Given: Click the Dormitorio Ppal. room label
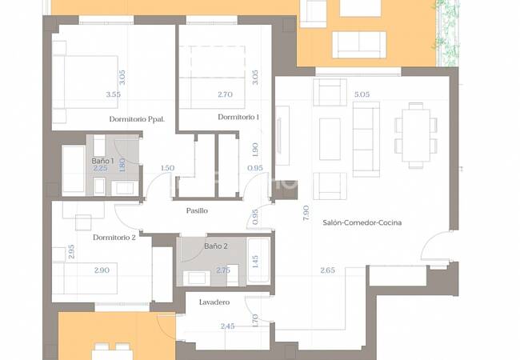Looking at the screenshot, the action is (x=137, y=119).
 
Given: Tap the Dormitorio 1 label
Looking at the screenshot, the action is (x=238, y=117).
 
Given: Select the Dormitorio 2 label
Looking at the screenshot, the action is (x=114, y=238).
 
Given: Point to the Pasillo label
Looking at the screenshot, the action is (x=197, y=210).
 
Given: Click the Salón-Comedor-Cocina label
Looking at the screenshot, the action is (x=362, y=222).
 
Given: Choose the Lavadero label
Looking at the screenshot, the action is (x=214, y=302).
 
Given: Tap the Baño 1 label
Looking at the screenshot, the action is (x=103, y=161).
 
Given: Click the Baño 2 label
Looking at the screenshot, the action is (x=216, y=246).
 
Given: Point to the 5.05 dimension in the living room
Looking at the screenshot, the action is (x=362, y=94).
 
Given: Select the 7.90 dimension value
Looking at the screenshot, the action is (x=306, y=213).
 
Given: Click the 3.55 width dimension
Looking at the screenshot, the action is (x=114, y=94).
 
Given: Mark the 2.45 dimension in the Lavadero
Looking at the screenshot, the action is (x=227, y=326).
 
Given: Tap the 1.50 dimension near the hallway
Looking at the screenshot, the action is (x=167, y=168).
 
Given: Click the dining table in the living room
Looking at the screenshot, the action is (x=416, y=135).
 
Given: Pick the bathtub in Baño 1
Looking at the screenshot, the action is (x=74, y=169).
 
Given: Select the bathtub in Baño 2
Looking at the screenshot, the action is (x=258, y=260).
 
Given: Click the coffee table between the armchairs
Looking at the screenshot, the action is (x=330, y=139).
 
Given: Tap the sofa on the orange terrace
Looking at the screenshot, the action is (x=359, y=45).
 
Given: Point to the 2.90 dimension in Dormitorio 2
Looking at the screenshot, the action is (x=102, y=270).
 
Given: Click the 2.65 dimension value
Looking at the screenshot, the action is (x=327, y=270).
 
